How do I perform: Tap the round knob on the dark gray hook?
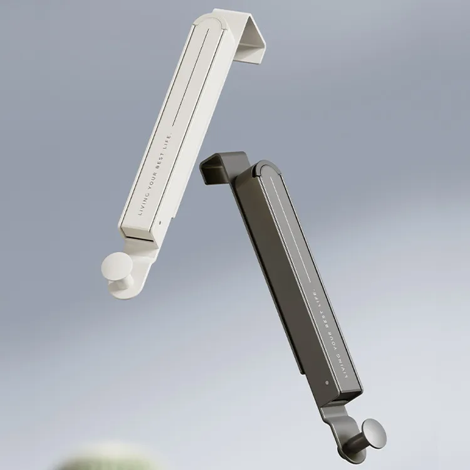coord(373,432)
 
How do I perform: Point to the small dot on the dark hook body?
coord(326,384)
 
